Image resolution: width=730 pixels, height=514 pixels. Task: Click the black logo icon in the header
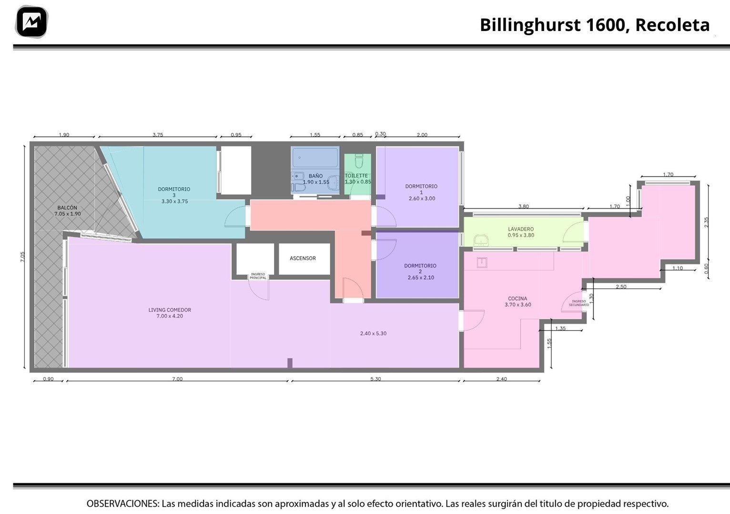click(x=31, y=22)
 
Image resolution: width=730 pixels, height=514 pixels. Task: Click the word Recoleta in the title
click(x=672, y=25)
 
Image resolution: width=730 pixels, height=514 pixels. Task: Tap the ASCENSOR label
click(x=303, y=258)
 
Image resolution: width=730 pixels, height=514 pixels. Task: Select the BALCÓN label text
click(x=67, y=208)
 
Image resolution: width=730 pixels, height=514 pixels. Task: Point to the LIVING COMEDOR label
click(x=170, y=310)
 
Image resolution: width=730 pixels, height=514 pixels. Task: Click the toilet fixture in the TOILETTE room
click(x=359, y=161)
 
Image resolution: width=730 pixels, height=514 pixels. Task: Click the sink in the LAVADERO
click(x=481, y=241)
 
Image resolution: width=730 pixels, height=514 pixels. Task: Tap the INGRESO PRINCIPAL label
click(x=258, y=276)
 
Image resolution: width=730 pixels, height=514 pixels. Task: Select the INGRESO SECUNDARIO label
click(x=579, y=303)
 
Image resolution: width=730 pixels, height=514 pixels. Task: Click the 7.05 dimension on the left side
click(x=22, y=257)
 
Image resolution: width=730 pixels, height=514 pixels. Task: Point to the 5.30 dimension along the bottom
click(x=375, y=379)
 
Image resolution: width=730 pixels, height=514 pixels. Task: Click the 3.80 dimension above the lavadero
click(x=523, y=206)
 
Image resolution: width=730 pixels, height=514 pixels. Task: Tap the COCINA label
click(x=517, y=298)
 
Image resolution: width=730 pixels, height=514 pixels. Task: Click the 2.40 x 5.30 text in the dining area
click(x=373, y=333)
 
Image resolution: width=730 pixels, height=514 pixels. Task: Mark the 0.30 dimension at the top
click(x=380, y=134)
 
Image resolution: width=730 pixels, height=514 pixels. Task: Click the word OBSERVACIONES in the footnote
click(x=123, y=504)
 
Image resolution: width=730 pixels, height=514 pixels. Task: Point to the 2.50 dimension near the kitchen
click(x=621, y=287)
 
